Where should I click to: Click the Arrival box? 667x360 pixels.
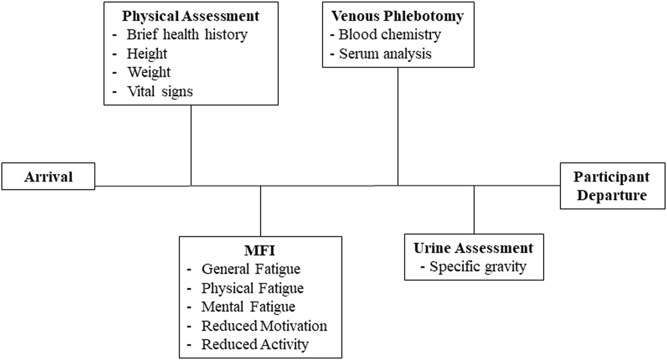pyautogui.click(x=48, y=176)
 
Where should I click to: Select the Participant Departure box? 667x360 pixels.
pyautogui.click(x=612, y=186)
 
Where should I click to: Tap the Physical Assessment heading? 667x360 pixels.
pyautogui.click(x=191, y=16)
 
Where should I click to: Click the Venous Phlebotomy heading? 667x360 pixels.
pyautogui.click(x=397, y=16)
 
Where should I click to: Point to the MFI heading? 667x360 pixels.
pyautogui.click(x=260, y=250)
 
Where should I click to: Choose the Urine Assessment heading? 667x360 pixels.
pyautogui.click(x=473, y=248)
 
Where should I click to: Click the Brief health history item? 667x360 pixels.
pyautogui.click(x=187, y=35)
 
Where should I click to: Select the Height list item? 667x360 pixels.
pyautogui.click(x=147, y=54)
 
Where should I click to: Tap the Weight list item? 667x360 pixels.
pyautogui.click(x=149, y=72)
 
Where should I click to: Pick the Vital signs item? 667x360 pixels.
pyautogui.click(x=160, y=91)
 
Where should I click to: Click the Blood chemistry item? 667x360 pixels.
pyautogui.click(x=390, y=35)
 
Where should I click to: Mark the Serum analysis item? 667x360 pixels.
pyautogui.click(x=385, y=54)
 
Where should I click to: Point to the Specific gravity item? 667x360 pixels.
pyautogui.click(x=477, y=267)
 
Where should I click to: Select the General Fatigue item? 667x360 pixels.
pyautogui.click(x=251, y=269)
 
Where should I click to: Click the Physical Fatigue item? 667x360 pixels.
pyautogui.click(x=252, y=288)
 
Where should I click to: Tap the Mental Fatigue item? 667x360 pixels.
pyautogui.click(x=248, y=307)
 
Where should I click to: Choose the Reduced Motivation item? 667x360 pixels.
pyautogui.click(x=264, y=325)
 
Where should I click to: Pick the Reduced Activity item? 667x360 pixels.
pyautogui.click(x=255, y=344)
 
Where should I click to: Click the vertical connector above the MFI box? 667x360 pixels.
pyautogui.click(x=260, y=211)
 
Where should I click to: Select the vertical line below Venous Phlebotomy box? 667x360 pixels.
pyautogui.click(x=398, y=126)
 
